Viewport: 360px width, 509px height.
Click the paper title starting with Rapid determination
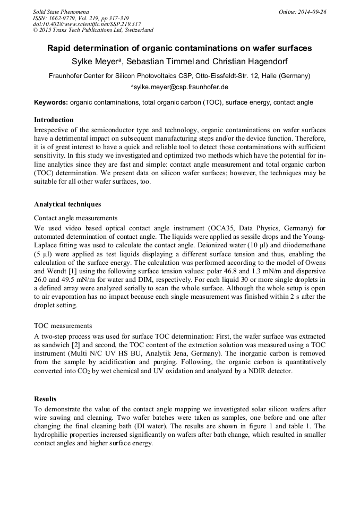tap(179, 48)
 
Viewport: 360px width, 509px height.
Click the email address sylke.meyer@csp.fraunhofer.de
tap(180, 87)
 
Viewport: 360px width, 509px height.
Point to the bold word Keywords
tap(51, 102)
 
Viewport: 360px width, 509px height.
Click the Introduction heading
tap(54, 119)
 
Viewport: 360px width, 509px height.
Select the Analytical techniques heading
tap(67, 204)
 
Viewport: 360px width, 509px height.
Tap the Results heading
tap(45, 399)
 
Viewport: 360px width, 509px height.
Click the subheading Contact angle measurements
tap(75, 218)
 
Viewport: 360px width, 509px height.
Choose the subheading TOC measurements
tap(63, 326)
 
